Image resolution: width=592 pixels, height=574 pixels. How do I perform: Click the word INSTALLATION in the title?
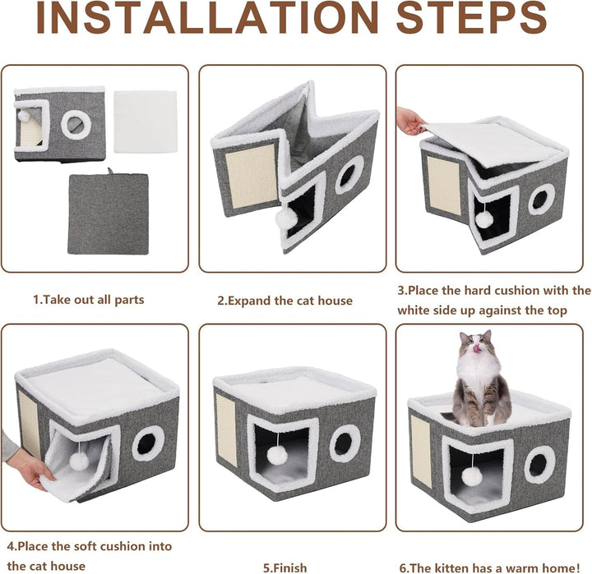coord(207,18)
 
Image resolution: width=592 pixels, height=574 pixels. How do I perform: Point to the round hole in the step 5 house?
coord(343,444)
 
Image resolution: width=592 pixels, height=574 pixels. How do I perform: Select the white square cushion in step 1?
coord(146,122)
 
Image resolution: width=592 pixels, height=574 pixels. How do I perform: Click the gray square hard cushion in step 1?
coord(108,213)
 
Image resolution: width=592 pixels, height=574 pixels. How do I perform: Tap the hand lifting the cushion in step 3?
coord(411,121)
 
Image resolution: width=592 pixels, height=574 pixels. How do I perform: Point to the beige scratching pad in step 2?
coord(252,176)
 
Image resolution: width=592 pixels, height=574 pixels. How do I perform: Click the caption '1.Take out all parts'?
coord(88,300)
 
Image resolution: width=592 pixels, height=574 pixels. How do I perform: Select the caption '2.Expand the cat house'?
coord(284,301)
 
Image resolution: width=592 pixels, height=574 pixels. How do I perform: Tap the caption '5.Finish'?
coord(285,567)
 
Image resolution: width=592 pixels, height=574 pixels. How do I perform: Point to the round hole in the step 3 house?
coord(542,200)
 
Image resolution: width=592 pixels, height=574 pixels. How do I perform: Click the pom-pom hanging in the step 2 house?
coord(283,218)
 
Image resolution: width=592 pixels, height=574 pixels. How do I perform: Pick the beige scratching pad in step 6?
coord(421,451)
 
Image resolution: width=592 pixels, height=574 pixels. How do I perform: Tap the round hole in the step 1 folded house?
coord(76,125)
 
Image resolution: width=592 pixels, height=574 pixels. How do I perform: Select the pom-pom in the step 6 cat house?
coord(472,477)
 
